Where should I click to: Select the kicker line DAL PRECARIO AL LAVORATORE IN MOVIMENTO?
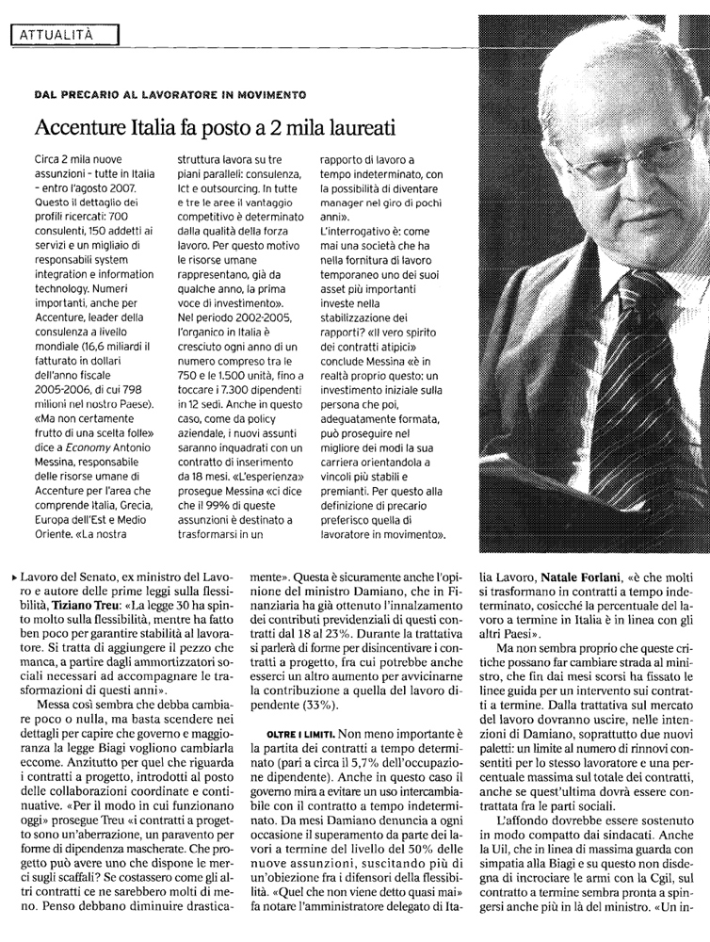(x=169, y=95)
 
